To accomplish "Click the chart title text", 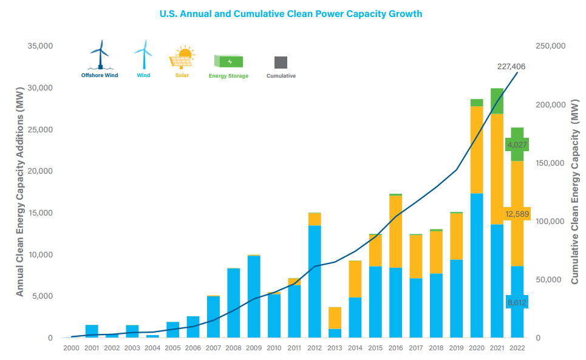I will (290, 14).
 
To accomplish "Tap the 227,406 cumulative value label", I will (511, 66).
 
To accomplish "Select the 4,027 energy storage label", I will (517, 144).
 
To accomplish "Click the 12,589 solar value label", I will (517, 214).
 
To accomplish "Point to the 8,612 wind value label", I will (517, 302).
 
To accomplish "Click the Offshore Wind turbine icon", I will (100, 55).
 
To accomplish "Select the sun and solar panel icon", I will (182, 56).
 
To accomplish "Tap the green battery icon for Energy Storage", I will (228, 61).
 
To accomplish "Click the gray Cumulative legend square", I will (281, 62).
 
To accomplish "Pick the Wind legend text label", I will (143, 76).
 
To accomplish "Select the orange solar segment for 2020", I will (477, 149).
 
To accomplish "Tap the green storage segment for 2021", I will (497, 101).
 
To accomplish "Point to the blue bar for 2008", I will (233, 302).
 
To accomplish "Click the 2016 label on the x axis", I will (395, 348).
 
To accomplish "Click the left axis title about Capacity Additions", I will (19, 191).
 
